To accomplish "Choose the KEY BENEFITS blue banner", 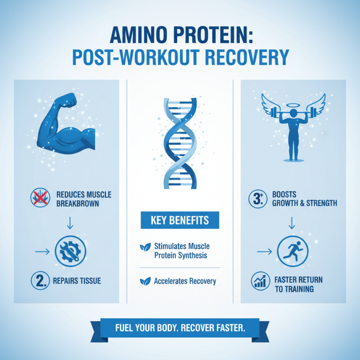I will (x=180, y=220).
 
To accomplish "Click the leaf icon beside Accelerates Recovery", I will (x=145, y=281).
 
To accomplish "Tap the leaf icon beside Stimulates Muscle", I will (x=145, y=246).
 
